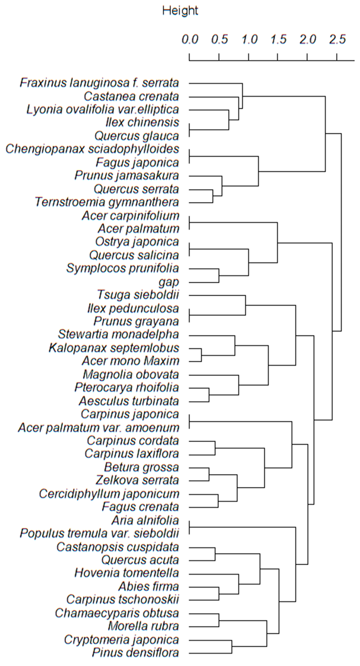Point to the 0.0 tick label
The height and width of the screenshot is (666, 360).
pyautogui.click(x=190, y=39)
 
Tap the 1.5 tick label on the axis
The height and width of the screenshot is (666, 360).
pyautogui.click(x=278, y=39)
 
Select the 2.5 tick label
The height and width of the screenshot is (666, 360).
pyautogui.click(x=337, y=39)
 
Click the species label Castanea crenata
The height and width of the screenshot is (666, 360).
pyautogui.click(x=131, y=96)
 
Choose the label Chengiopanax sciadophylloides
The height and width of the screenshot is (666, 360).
pyautogui.click(x=92, y=149)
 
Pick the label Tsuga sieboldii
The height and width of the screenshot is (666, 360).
pyautogui.click(x=138, y=295)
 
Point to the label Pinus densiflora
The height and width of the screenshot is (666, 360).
pyautogui.click(x=135, y=652)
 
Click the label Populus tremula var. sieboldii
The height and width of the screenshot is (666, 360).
pyautogui.click(x=100, y=533)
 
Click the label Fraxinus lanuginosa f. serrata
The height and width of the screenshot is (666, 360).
pyautogui.click(x=99, y=83)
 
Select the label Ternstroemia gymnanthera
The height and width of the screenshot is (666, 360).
pyautogui.click(x=107, y=202)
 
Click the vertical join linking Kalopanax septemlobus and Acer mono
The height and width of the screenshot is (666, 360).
pyautogui.click(x=201, y=355)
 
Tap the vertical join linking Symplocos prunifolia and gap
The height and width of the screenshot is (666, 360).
pyautogui.click(x=219, y=276)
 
